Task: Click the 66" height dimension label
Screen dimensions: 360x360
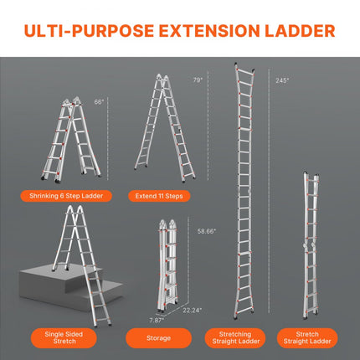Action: [x=99, y=101]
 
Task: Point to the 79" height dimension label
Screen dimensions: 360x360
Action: [x=197, y=80]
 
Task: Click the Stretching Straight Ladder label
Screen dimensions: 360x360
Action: [x=244, y=338]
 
